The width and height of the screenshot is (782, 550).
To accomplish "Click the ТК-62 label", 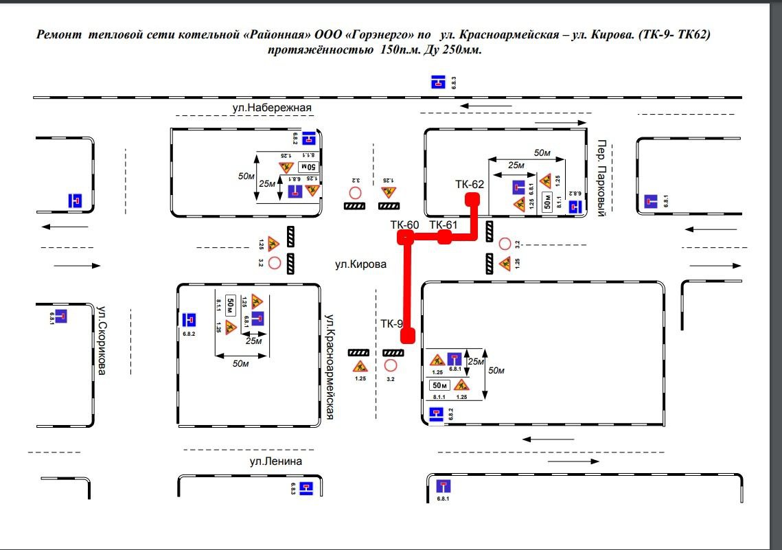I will [470, 184].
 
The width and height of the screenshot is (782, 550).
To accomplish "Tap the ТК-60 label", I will [404, 225].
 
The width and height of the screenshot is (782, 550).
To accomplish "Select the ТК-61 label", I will [443, 225].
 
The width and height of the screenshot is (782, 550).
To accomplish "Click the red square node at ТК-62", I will [472, 199].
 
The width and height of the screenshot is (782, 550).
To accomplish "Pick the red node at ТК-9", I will [408, 335].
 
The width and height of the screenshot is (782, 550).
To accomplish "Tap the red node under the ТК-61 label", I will [444, 237].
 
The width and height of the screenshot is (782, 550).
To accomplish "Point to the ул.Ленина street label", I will [275, 461].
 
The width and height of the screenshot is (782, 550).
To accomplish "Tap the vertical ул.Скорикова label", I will [102, 340].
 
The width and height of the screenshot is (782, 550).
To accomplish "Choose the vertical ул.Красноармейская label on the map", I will [330, 366].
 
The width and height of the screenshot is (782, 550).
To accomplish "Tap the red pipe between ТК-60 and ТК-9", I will [407, 285].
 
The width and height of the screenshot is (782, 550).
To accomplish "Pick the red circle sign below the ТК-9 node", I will [391, 365].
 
